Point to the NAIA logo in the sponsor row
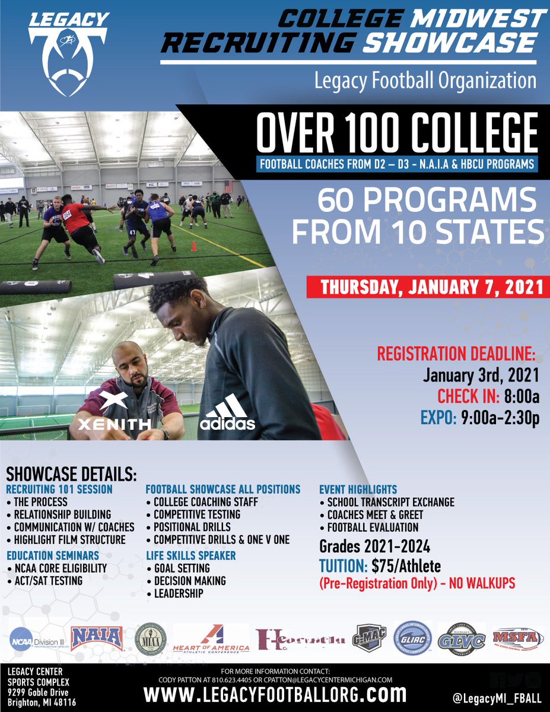click(x=97, y=638)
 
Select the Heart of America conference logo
click(x=211, y=639)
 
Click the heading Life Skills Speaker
click(x=191, y=555)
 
